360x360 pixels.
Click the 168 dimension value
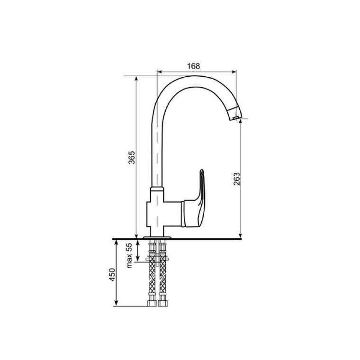(x=194, y=66)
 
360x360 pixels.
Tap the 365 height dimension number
(x=132, y=157)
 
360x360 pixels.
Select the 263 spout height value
(x=236, y=179)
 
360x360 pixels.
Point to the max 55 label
(x=130, y=255)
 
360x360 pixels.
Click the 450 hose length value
(x=112, y=274)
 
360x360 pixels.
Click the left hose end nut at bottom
(x=152, y=303)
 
